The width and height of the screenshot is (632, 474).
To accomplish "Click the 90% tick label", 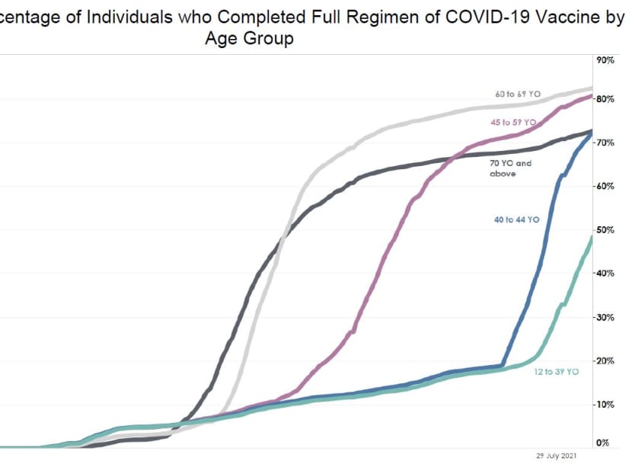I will (605, 60).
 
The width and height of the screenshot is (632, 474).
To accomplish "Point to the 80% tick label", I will (605, 100).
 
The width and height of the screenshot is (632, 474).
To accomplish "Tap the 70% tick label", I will (605, 143).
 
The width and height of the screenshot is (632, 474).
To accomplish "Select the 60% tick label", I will (605, 187).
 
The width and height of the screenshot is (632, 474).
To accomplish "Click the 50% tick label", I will (605, 230).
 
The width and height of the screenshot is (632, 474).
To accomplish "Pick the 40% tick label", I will (605, 274).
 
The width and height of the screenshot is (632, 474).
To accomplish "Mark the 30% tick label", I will (605, 317).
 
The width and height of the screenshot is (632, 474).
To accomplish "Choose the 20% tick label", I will (605, 360).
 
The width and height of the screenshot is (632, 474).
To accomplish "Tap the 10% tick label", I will (605, 404).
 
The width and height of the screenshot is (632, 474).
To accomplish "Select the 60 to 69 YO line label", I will (517, 94).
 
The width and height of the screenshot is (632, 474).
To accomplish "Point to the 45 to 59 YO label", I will (513, 122).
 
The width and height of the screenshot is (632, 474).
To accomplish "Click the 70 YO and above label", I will (510, 168).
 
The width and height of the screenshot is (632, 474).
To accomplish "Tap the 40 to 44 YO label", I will (516, 219).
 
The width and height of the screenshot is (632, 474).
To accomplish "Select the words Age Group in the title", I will (249, 39).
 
